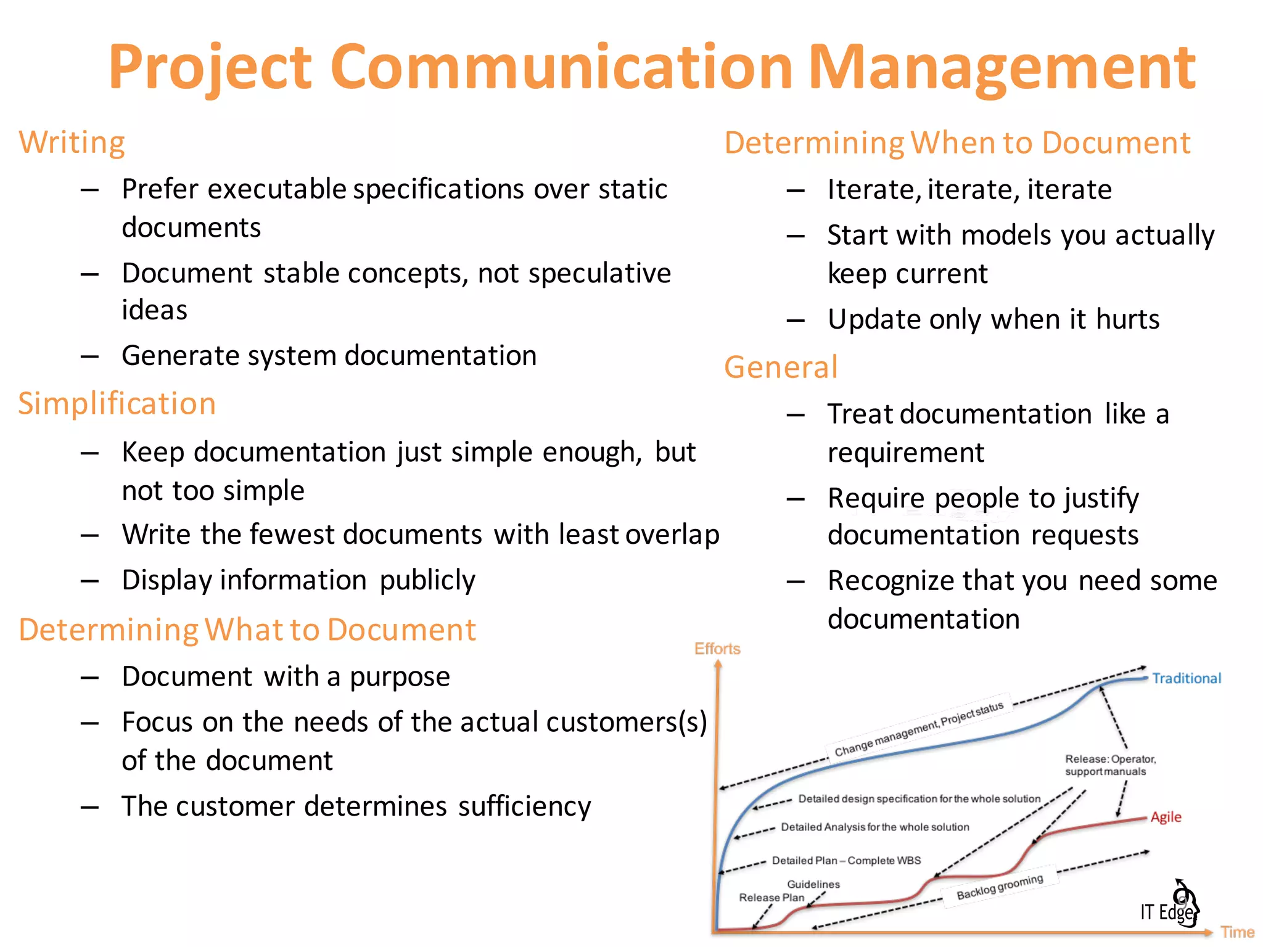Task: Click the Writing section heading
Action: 72,142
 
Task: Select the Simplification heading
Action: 117,404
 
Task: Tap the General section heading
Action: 781,367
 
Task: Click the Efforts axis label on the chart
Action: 717,649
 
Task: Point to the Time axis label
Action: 1237,932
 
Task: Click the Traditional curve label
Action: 1186,678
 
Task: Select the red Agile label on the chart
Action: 1166,817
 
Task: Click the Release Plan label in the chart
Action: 771,898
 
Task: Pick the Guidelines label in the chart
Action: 813,884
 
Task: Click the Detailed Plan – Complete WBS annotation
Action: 846,860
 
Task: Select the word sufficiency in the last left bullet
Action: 524,806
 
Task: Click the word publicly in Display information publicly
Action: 427,580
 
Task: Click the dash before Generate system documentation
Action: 90,356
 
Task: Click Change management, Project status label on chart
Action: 919,729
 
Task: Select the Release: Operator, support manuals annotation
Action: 1109,765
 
